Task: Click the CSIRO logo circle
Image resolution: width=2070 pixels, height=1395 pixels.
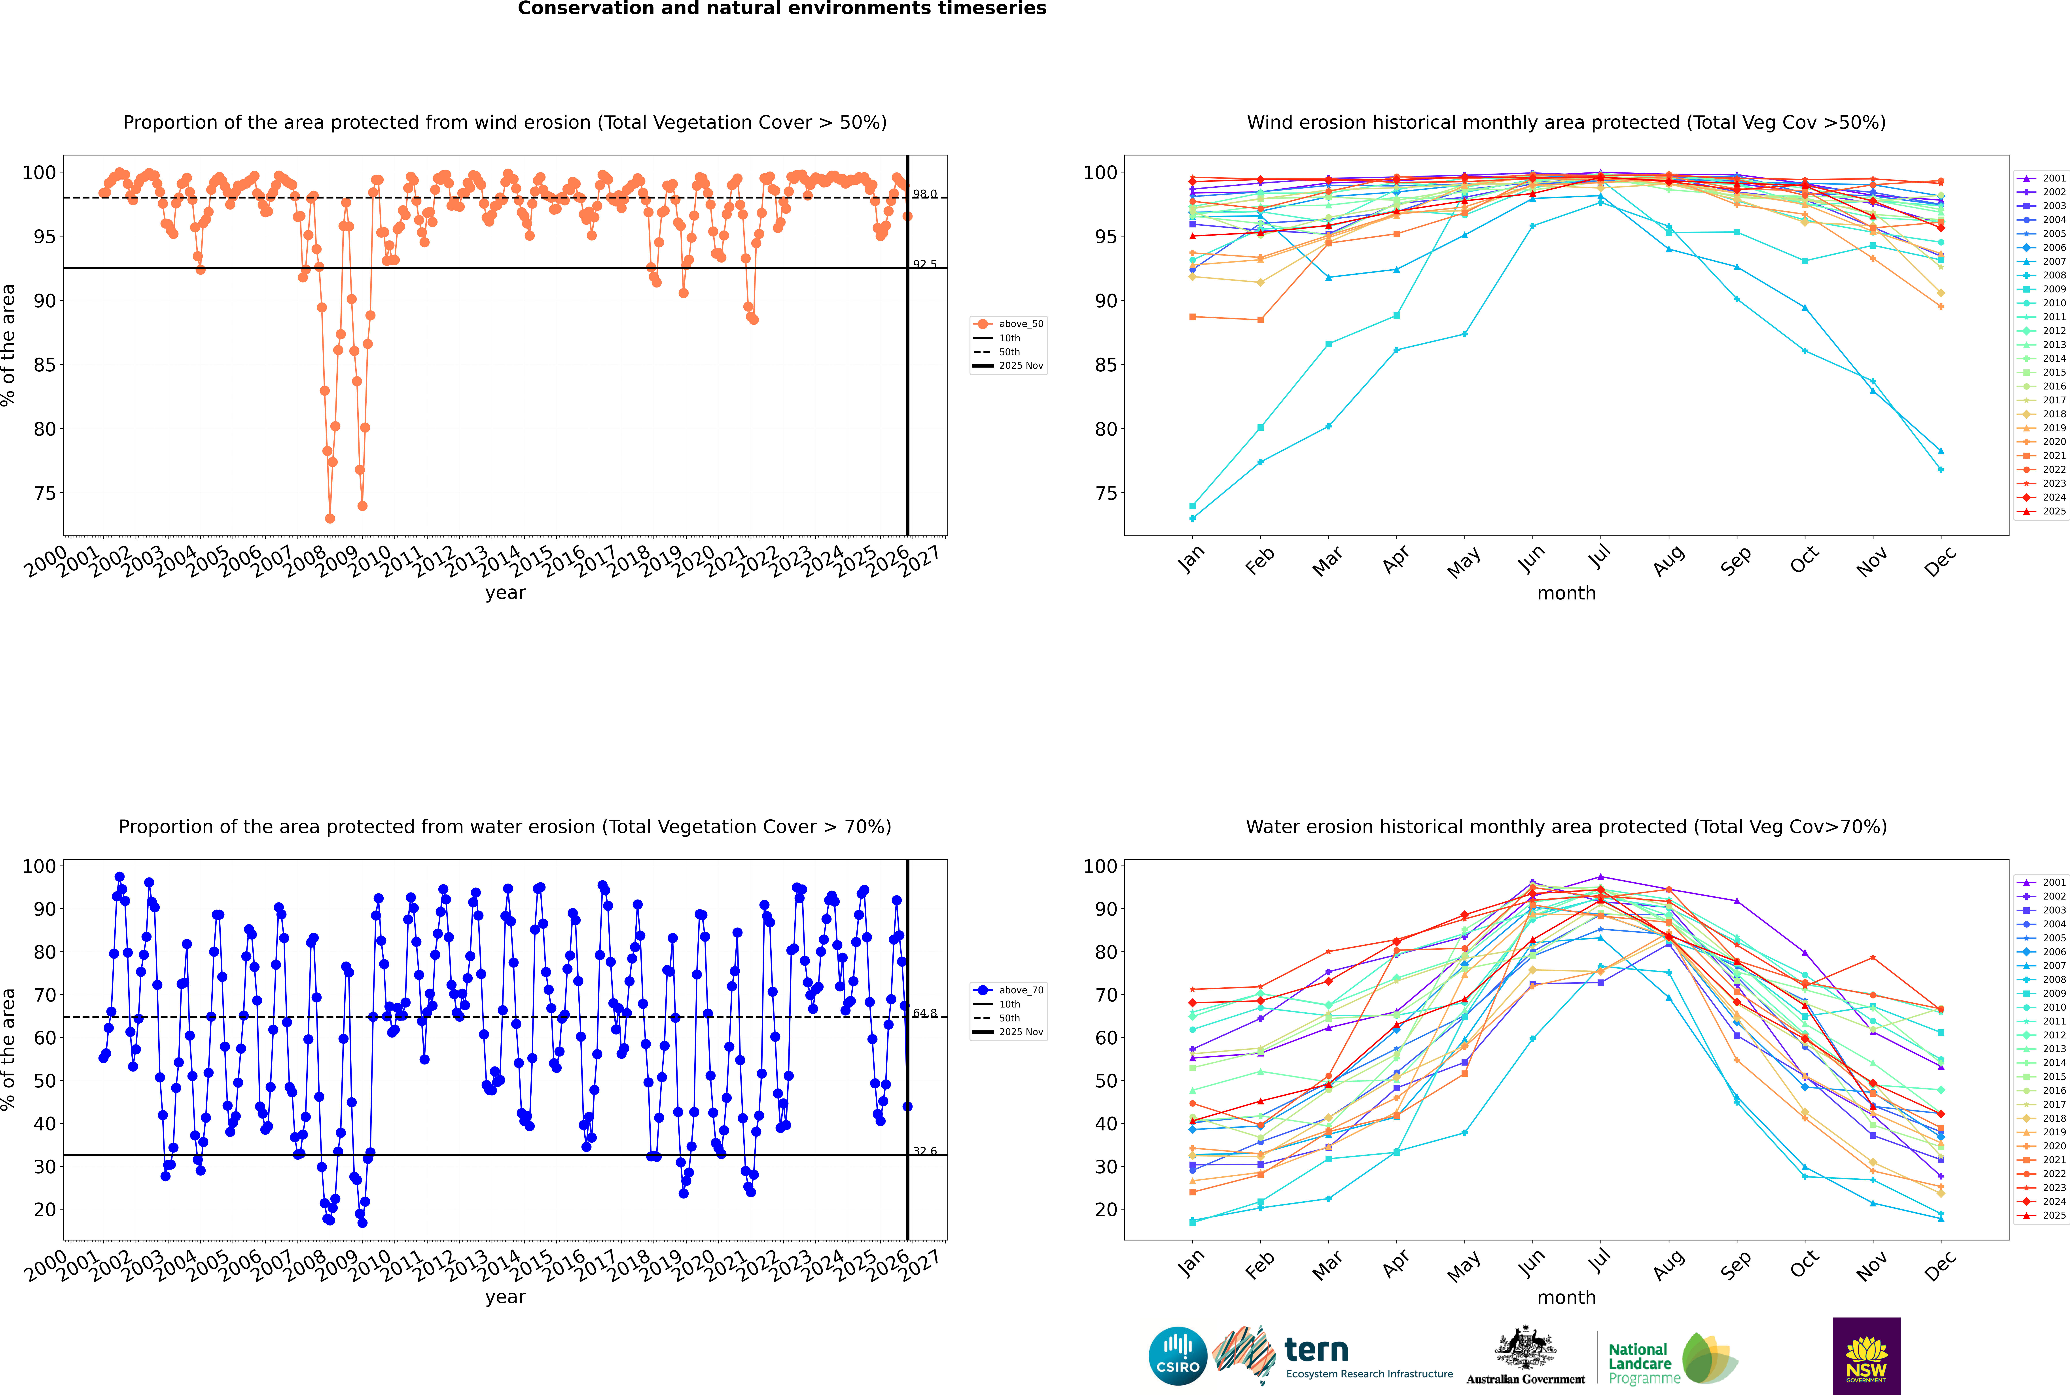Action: click(1177, 1356)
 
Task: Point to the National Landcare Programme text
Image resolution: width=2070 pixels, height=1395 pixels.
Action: click(1639, 1363)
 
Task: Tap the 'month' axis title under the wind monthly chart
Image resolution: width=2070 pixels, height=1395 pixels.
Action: click(1566, 594)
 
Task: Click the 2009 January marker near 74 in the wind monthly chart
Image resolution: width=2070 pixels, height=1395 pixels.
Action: click(1193, 506)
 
